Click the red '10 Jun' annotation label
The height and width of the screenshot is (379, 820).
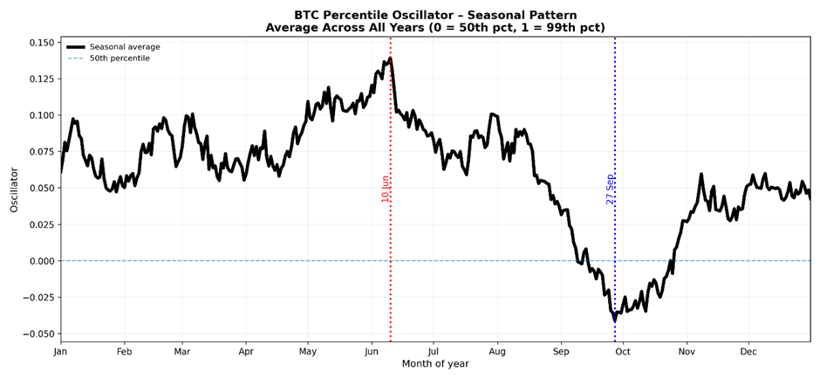click(386, 189)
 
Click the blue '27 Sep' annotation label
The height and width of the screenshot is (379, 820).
click(611, 189)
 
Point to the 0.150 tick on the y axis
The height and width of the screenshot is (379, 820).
click(38, 43)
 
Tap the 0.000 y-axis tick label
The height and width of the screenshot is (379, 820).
click(38, 261)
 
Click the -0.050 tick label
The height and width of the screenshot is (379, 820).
click(36, 334)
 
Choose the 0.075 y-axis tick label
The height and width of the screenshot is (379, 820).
click(38, 152)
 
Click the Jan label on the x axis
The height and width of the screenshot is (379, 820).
click(60, 352)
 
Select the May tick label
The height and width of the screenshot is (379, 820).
click(308, 352)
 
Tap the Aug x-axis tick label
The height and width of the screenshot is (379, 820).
click(497, 352)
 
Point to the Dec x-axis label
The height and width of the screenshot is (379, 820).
click(748, 352)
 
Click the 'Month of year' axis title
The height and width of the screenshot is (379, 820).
click(435, 364)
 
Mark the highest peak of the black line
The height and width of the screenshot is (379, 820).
click(390, 59)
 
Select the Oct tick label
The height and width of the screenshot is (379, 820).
click(623, 352)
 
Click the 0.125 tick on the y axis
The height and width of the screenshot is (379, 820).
click(38, 79)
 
